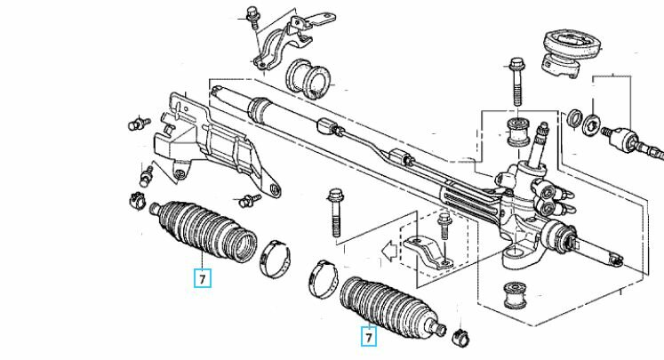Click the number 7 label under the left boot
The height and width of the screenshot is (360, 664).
click(203, 279)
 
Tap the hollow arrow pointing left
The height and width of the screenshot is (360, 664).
click(389, 251)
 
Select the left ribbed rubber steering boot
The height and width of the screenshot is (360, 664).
click(205, 228)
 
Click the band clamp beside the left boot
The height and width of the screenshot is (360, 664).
click(276, 259)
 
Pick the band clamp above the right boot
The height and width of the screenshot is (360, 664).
click(324, 278)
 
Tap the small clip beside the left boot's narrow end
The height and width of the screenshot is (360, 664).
click(138, 199)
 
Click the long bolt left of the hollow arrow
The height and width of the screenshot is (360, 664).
click(334, 212)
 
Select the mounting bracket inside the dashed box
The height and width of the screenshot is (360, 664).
click(427, 253)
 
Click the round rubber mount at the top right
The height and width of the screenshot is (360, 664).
click(568, 52)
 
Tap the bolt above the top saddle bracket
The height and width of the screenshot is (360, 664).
click(252, 17)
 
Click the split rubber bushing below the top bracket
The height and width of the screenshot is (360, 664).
click(309, 79)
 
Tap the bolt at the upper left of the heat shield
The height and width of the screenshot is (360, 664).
click(140, 124)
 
